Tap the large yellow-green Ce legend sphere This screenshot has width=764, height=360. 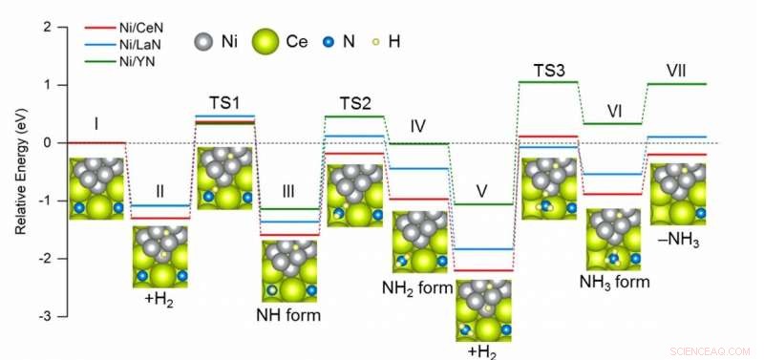[268, 43]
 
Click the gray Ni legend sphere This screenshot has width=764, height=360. [202, 43]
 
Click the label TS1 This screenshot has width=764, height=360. [224, 102]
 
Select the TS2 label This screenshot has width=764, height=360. [354, 102]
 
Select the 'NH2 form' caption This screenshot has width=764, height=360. [417, 286]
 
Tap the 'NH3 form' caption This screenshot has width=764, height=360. [614, 282]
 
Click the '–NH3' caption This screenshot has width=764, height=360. [679, 242]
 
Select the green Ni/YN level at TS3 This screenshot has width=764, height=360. [548, 82]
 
